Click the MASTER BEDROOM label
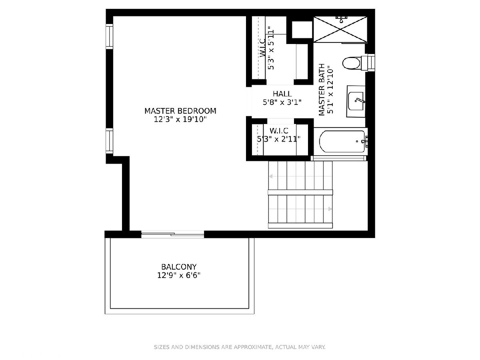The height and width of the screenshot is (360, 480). pos(180,111)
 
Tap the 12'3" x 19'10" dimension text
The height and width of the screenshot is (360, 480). pos(180,119)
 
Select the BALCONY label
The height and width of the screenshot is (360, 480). pos(179,267)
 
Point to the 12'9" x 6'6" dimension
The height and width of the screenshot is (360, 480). pos(179,276)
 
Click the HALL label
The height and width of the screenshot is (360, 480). pos(282,94)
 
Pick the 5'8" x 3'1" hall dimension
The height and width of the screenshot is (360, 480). pos(282,102)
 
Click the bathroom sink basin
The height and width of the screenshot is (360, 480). pos(356,101)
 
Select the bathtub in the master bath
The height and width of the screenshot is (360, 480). pos(342,142)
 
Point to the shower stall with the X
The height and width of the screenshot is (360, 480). pos(340,29)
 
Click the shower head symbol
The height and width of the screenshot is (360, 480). pos(341,19)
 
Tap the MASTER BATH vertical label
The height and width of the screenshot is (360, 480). pos(322,90)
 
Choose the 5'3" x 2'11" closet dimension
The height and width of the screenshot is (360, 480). pos(278,139)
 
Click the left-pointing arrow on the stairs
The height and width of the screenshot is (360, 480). pos(271,176)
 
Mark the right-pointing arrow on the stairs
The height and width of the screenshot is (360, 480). pos(330,209)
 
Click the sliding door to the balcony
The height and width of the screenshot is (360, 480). pos(172,234)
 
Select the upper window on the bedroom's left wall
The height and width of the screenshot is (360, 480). pos(109,36)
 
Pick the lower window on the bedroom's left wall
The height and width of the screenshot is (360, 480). pos(109,141)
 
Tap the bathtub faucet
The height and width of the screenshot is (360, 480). pos(365,141)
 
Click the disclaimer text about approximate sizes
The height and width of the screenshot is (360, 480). pos(240,347)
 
